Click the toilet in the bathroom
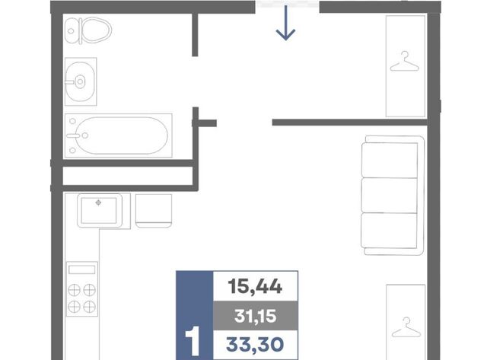[88, 30]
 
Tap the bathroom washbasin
[80, 81]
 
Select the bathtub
[118, 135]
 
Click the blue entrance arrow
[285, 23]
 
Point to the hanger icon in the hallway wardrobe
[404, 62]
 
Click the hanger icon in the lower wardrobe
[406, 327]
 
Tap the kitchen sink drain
[98, 202]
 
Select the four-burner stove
[82, 289]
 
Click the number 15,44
[255, 286]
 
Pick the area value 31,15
[256, 316]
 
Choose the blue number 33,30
[255, 345]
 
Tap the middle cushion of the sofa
[390, 196]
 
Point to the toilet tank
[72, 30]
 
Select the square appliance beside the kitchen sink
[154, 211]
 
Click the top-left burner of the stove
[75, 290]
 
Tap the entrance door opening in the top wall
[288, 5]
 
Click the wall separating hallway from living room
[350, 123]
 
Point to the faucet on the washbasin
[72, 82]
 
